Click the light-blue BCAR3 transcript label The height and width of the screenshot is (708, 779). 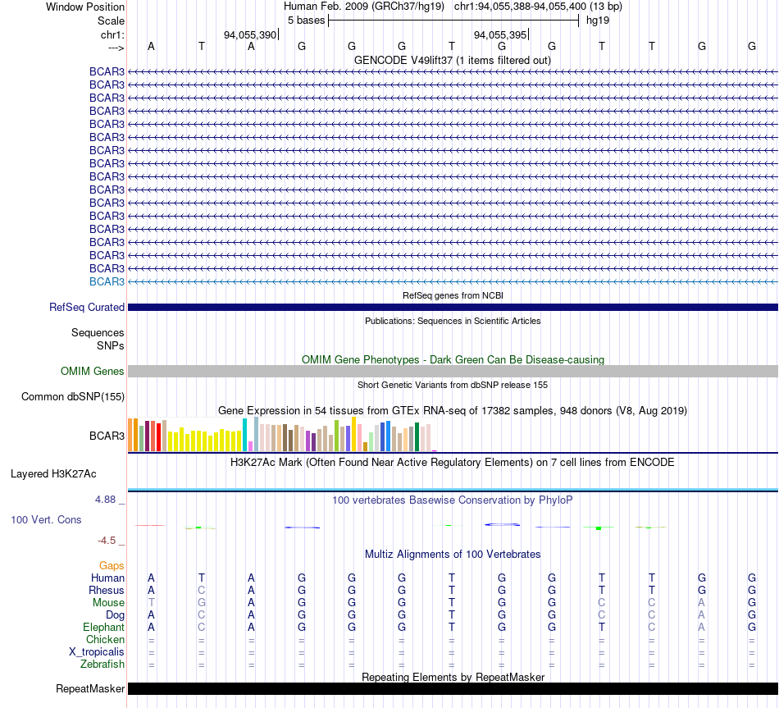click(107, 281)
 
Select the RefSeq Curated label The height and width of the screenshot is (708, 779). click(87, 308)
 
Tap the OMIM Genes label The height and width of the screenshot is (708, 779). click(93, 371)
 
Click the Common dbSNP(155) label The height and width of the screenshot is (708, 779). click(73, 397)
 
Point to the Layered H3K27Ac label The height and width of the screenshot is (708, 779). click(53, 474)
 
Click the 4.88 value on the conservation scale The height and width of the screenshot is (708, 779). click(105, 499)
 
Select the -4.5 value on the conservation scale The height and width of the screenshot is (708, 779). click(107, 541)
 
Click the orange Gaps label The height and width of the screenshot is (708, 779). click(112, 566)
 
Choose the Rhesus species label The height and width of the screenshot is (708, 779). click(107, 590)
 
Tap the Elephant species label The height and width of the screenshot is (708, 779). click(104, 627)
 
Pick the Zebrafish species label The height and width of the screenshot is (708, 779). click(102, 664)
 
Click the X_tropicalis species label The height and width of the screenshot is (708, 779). click(97, 652)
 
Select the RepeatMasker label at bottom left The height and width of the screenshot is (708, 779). click(90, 688)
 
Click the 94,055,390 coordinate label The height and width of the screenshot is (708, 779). click(250, 34)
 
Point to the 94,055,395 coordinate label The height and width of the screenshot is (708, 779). click(500, 34)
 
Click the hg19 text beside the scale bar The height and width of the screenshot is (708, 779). click(598, 21)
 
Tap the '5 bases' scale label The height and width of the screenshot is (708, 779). click(306, 21)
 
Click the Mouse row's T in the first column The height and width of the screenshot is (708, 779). click(151, 603)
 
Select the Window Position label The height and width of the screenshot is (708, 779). click(85, 7)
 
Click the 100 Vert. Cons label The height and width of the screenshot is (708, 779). click(46, 519)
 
